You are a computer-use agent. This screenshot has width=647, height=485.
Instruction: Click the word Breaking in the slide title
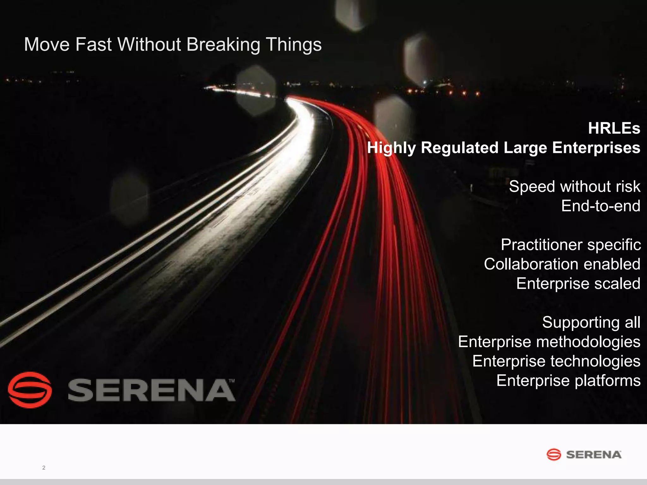click(x=223, y=45)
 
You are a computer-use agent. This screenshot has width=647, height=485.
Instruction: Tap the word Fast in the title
click(x=94, y=45)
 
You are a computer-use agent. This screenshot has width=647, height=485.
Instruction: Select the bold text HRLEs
click(x=614, y=128)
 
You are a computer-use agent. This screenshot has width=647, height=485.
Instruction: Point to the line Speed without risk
click(x=574, y=186)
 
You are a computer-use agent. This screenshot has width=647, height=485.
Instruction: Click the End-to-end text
click(x=601, y=206)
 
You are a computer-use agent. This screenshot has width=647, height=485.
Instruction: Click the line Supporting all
click(x=591, y=322)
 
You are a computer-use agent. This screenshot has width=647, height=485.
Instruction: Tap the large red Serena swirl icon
click(x=30, y=390)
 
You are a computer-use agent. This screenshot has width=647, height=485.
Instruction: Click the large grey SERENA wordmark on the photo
click(x=151, y=390)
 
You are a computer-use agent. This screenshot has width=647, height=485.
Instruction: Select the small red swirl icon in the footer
click(x=554, y=454)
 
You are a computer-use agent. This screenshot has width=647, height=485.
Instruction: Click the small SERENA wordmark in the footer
click(x=594, y=455)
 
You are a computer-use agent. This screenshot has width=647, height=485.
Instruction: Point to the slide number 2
click(x=44, y=468)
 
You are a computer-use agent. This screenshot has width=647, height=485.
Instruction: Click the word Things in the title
click(x=293, y=45)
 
